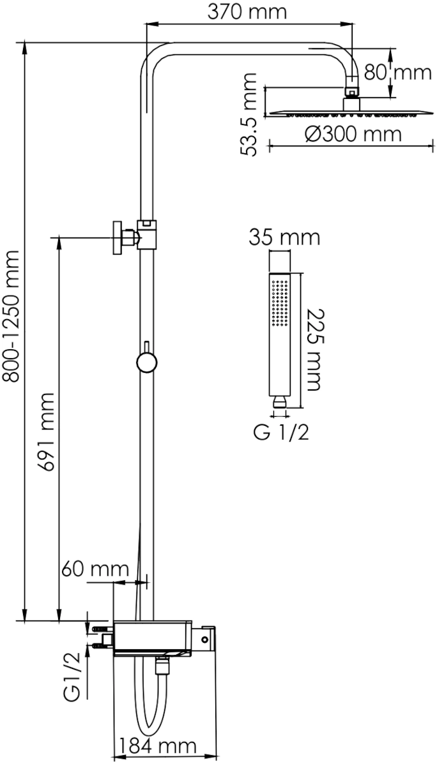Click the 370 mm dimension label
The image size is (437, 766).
pos(247,12)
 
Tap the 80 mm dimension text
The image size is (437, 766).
pos(397,73)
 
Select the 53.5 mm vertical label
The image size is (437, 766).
pos(249,114)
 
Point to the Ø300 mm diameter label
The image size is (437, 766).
pos(353,135)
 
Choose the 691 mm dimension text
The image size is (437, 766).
pos(45,432)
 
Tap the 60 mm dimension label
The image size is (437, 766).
pos(95,569)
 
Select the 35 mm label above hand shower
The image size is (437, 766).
pos(284,237)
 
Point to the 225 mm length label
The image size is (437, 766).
pos(314,350)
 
